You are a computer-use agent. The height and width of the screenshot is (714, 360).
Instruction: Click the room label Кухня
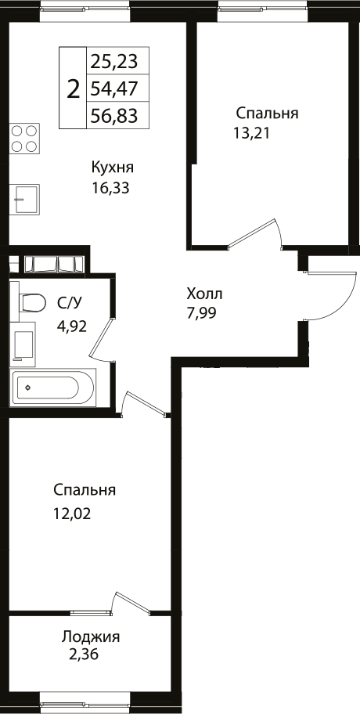[x=112, y=168]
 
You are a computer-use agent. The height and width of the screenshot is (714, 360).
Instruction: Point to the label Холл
[x=204, y=294]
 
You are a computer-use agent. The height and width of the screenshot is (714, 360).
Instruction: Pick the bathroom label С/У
[x=68, y=302]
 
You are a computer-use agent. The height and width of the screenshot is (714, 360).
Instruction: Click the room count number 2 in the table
[x=74, y=88]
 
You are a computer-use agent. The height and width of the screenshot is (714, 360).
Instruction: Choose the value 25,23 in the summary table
[x=113, y=61]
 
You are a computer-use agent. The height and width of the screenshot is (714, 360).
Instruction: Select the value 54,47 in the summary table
[x=113, y=88]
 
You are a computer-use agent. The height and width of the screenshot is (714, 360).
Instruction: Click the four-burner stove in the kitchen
[x=26, y=139]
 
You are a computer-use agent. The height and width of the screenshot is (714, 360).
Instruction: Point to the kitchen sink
[x=26, y=199]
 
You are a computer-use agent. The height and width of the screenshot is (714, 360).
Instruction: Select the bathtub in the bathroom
[x=52, y=388]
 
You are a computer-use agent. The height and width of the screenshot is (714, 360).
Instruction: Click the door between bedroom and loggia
[x=129, y=604]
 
